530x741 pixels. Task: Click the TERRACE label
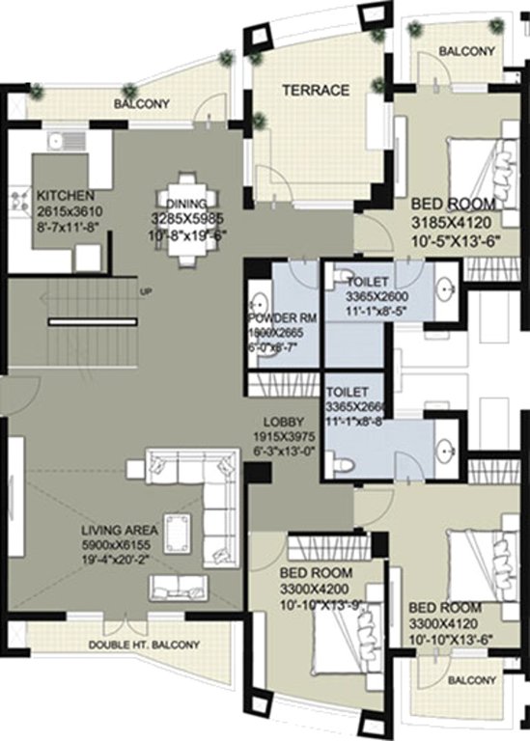(x=315, y=90)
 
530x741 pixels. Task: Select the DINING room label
(x=186, y=203)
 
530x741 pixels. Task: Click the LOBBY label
(x=284, y=423)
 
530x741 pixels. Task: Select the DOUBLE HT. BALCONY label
(x=131, y=645)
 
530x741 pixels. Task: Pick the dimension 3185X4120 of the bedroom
(x=452, y=222)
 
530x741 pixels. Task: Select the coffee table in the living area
(x=179, y=531)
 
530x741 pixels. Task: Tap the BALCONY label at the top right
(x=466, y=51)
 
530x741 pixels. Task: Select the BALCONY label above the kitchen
(x=141, y=103)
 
